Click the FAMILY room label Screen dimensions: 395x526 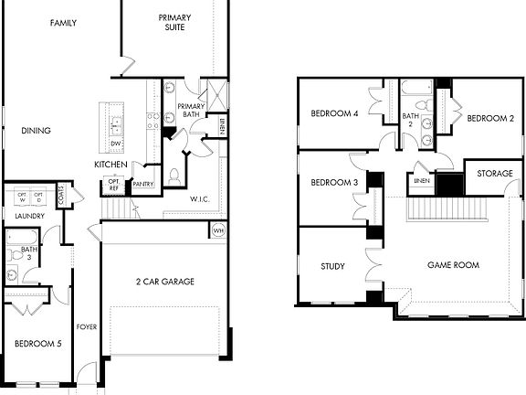point(63,23)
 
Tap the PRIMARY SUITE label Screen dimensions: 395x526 point(174,23)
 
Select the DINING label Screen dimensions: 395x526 point(36,131)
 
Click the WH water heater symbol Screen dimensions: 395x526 point(217,230)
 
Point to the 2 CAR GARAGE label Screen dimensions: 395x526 point(165,282)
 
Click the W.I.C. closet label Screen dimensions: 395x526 point(202,198)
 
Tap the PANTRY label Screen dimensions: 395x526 point(143,184)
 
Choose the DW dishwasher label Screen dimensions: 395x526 point(116,144)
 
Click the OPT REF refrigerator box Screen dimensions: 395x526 point(115,185)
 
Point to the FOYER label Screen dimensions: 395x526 point(87,325)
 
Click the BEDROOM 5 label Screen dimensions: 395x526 point(37,344)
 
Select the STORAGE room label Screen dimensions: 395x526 point(494,174)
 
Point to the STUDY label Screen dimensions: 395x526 point(332,267)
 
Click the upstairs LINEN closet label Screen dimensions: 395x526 point(422,181)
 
